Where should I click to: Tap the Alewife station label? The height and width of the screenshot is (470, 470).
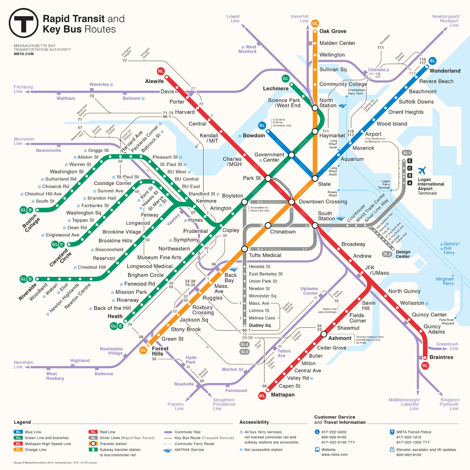[154, 81]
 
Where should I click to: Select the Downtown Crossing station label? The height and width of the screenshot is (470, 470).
[323, 201]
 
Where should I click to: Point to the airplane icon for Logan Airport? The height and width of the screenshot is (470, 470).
[422, 170]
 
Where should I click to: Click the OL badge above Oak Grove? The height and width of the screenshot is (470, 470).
[315, 23]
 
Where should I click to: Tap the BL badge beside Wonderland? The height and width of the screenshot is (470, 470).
[432, 61]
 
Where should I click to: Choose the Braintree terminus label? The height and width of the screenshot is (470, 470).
[441, 357]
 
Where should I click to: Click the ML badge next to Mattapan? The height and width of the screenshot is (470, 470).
[262, 395]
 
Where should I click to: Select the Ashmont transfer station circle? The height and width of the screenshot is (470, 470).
[324, 334]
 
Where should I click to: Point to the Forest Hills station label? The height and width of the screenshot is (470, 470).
[161, 351]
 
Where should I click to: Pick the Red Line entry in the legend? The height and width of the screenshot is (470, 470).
[107, 432]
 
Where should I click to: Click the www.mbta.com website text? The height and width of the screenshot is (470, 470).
[334, 454]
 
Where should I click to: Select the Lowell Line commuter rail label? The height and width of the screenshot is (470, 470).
[234, 19]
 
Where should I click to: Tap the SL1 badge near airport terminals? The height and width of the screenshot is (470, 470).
[406, 152]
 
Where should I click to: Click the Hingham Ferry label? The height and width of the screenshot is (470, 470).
[445, 281]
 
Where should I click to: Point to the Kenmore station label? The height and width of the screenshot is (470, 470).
[206, 201]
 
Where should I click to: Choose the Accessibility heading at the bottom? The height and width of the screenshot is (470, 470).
[254, 422]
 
